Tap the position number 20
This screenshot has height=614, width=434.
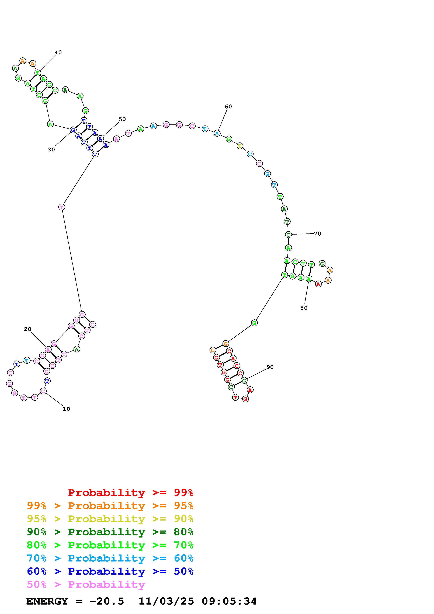pyautogui.click(x=27, y=329)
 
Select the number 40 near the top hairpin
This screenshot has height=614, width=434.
pyautogui.click(x=58, y=52)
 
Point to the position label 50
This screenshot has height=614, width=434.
pyautogui.click(x=122, y=119)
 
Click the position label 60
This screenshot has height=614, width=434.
pyautogui.click(x=228, y=106)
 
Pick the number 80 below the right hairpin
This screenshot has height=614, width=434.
pyautogui.click(x=304, y=308)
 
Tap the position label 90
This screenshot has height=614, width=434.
pyautogui.click(x=270, y=367)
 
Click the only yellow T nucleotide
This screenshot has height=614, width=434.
pyautogui.click(x=240, y=146)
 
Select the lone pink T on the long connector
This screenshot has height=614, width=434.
pyautogui.click(x=61, y=207)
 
